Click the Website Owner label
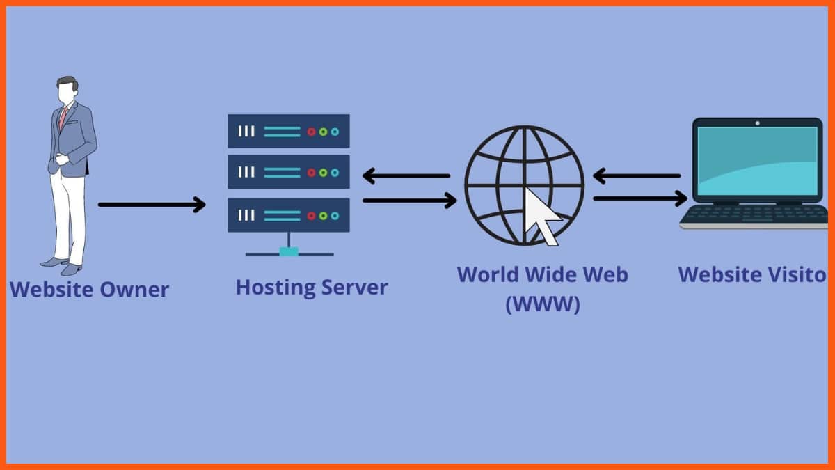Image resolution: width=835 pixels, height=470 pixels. [x=89, y=289]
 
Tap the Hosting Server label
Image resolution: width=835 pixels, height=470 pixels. [x=312, y=287]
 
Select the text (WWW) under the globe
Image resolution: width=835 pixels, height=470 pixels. [x=542, y=304]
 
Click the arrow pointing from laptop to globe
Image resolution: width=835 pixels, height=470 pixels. [x=636, y=176]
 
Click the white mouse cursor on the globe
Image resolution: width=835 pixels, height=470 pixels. [x=541, y=215]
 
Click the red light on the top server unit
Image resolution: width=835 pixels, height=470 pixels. [x=312, y=132]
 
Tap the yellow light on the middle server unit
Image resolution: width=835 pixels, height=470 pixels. [x=323, y=173]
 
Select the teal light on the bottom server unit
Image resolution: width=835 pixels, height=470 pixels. [x=335, y=216]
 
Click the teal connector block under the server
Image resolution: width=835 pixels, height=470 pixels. [x=289, y=251]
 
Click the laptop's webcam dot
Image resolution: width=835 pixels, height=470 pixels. [x=757, y=123]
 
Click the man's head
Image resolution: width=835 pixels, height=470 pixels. [x=67, y=91]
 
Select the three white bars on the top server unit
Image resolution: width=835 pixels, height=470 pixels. [x=246, y=131]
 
